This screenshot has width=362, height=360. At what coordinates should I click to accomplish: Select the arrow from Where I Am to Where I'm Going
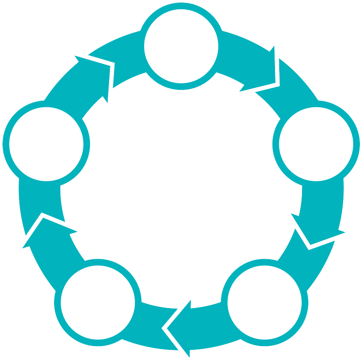[x=258, y=63]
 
